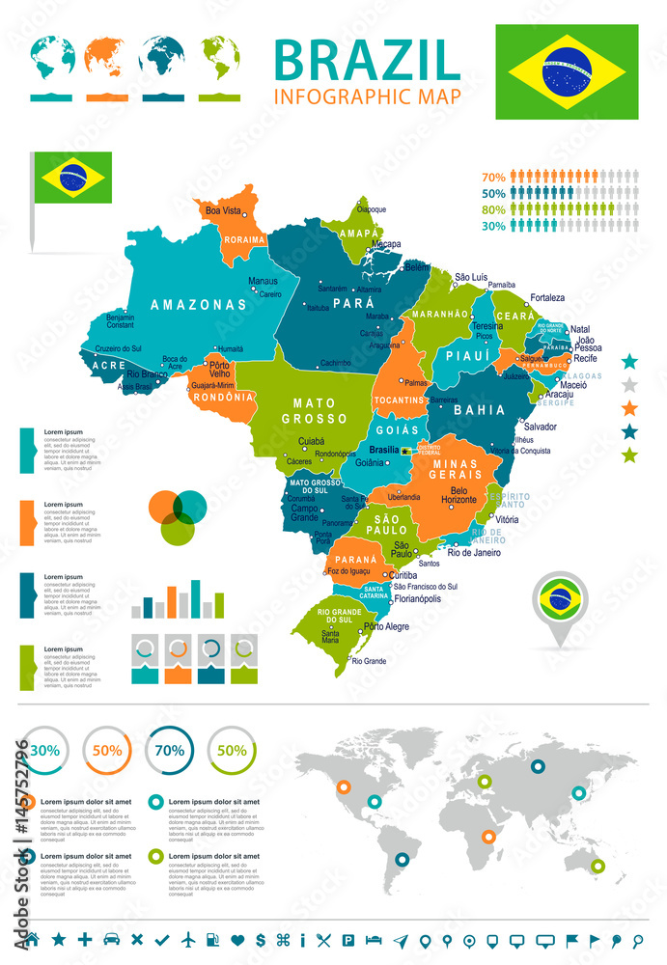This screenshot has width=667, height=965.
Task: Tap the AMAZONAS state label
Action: point(198,304)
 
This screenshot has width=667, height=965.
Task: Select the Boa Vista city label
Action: point(222,210)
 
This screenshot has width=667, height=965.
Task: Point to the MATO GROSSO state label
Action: point(314,411)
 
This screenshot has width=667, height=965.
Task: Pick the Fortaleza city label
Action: point(546,297)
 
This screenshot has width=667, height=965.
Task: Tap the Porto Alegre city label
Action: point(386,626)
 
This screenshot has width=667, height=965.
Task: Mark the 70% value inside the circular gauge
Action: point(170,750)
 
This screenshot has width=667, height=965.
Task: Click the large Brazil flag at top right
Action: point(567,71)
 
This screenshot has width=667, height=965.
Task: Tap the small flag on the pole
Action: point(72,177)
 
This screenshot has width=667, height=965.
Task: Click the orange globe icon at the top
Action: point(106,57)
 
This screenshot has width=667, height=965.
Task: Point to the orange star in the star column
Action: point(630,408)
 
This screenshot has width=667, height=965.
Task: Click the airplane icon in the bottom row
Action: point(187,939)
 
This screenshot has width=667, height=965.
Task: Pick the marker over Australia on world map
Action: point(598,867)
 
